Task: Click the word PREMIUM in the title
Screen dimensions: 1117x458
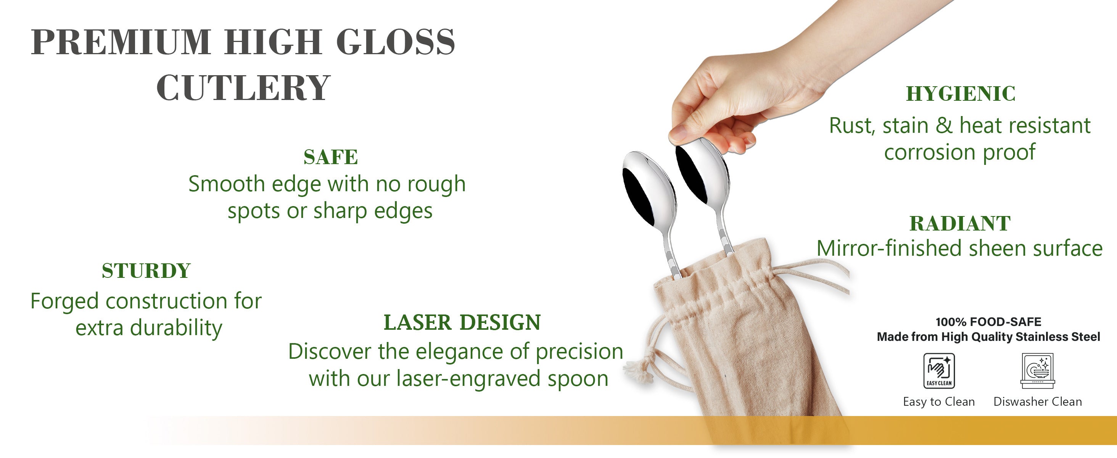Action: click(121, 42)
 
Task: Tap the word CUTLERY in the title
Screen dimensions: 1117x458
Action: click(243, 88)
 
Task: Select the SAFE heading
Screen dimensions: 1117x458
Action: click(330, 157)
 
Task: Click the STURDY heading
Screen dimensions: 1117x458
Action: click(146, 271)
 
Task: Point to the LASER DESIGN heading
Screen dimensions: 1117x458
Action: click(462, 322)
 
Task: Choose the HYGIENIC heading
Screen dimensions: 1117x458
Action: click(961, 94)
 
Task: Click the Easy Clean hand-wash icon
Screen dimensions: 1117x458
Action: click(939, 371)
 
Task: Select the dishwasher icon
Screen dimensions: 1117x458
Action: click(1037, 371)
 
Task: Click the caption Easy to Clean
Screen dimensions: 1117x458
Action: click(939, 402)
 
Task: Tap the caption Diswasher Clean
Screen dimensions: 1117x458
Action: click(1037, 402)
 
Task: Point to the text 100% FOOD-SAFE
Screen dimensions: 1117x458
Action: click(988, 322)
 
